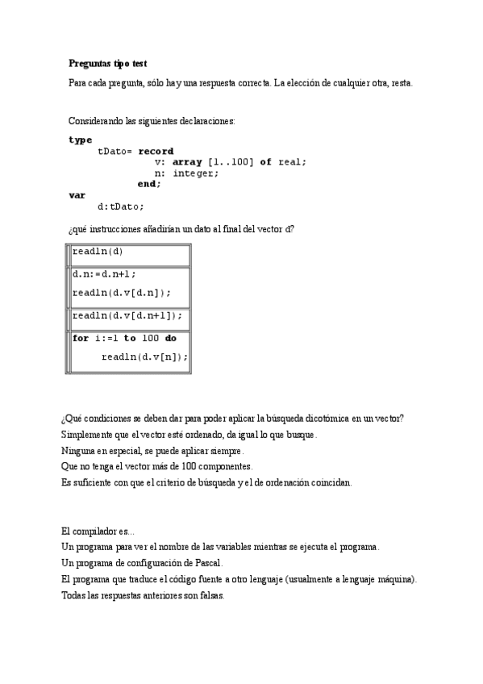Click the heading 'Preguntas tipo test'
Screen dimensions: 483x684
click(107, 63)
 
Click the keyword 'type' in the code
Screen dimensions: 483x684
click(81, 140)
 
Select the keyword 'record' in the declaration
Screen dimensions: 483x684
click(156, 151)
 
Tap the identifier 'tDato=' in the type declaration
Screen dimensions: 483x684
click(115, 151)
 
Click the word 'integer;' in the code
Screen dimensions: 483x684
click(196, 173)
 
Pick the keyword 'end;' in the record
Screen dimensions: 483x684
click(149, 184)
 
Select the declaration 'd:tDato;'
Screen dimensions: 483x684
click(120, 206)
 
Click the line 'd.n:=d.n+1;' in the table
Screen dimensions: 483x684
click(104, 273)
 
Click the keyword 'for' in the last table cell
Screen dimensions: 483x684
click(81, 339)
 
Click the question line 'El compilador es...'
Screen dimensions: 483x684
click(98, 531)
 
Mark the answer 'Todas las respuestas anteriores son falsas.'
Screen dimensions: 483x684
click(143, 595)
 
